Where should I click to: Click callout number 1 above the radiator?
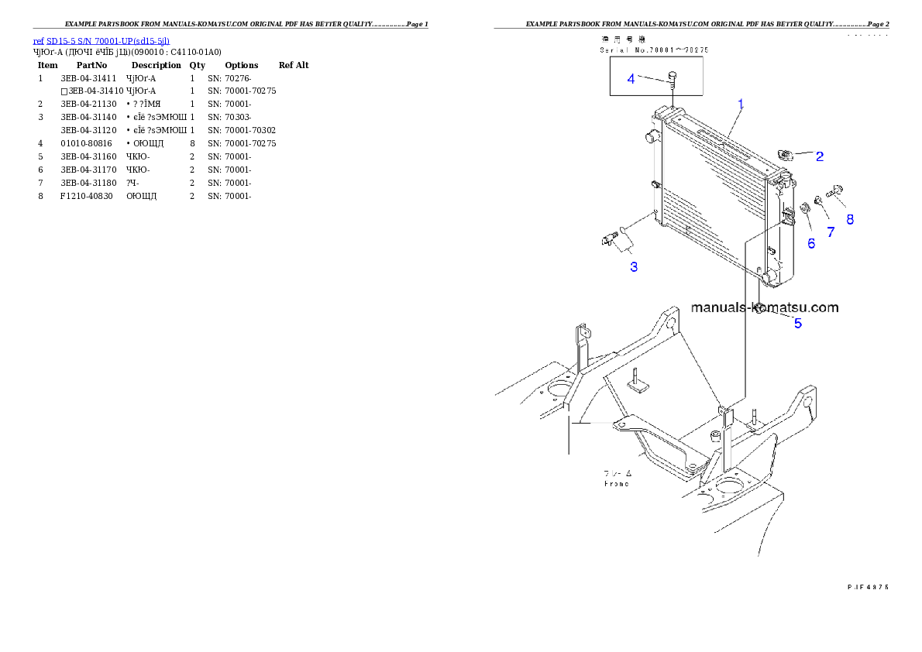741,104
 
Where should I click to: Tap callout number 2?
819,156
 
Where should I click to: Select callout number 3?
634,267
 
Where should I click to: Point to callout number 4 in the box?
631,79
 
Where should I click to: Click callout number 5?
797,324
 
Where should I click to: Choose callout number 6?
811,243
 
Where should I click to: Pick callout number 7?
831,232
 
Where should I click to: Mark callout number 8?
850,219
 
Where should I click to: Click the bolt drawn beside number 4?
673,78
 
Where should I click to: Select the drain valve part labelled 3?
611,238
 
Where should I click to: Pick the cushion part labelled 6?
804,207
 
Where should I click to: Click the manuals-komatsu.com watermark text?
764,307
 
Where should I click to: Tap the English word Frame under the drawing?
617,484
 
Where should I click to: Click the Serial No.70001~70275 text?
655,50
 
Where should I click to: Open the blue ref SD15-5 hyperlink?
101,40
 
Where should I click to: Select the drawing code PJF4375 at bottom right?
868,586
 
